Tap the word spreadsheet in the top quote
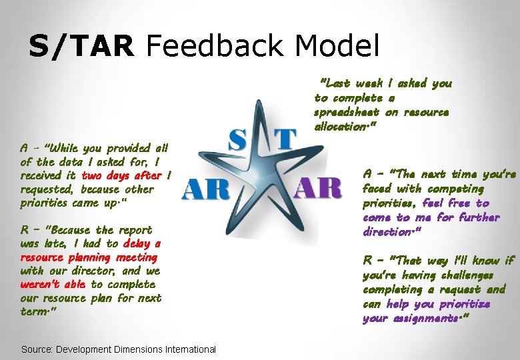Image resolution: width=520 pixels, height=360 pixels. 347,112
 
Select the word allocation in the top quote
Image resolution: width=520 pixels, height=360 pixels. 341,127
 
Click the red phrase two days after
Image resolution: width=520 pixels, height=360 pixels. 121,175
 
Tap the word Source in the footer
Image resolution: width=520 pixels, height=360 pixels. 37,349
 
